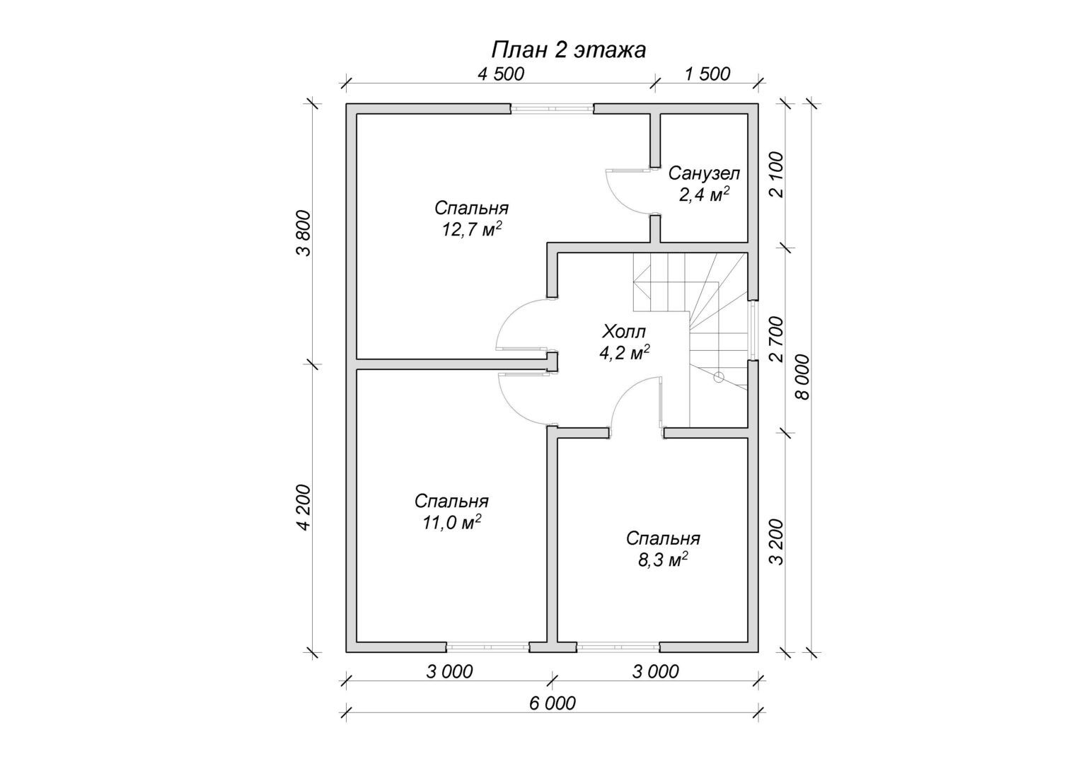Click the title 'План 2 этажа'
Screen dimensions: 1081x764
(568, 50)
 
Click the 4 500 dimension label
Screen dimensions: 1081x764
(500, 74)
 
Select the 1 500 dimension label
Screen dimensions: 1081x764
(707, 74)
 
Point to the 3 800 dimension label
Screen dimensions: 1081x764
(305, 233)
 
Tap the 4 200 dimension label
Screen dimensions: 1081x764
(305, 508)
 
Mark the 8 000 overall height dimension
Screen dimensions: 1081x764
(802, 377)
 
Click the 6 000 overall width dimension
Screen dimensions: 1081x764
(552, 704)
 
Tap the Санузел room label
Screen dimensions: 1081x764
(704, 173)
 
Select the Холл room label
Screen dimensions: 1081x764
(624, 332)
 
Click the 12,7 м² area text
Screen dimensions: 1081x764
(471, 228)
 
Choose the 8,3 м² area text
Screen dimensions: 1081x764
(663, 560)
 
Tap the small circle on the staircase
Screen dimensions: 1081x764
(719, 378)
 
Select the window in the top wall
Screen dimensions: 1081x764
(552, 109)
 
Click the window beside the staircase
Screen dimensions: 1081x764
(753, 331)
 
